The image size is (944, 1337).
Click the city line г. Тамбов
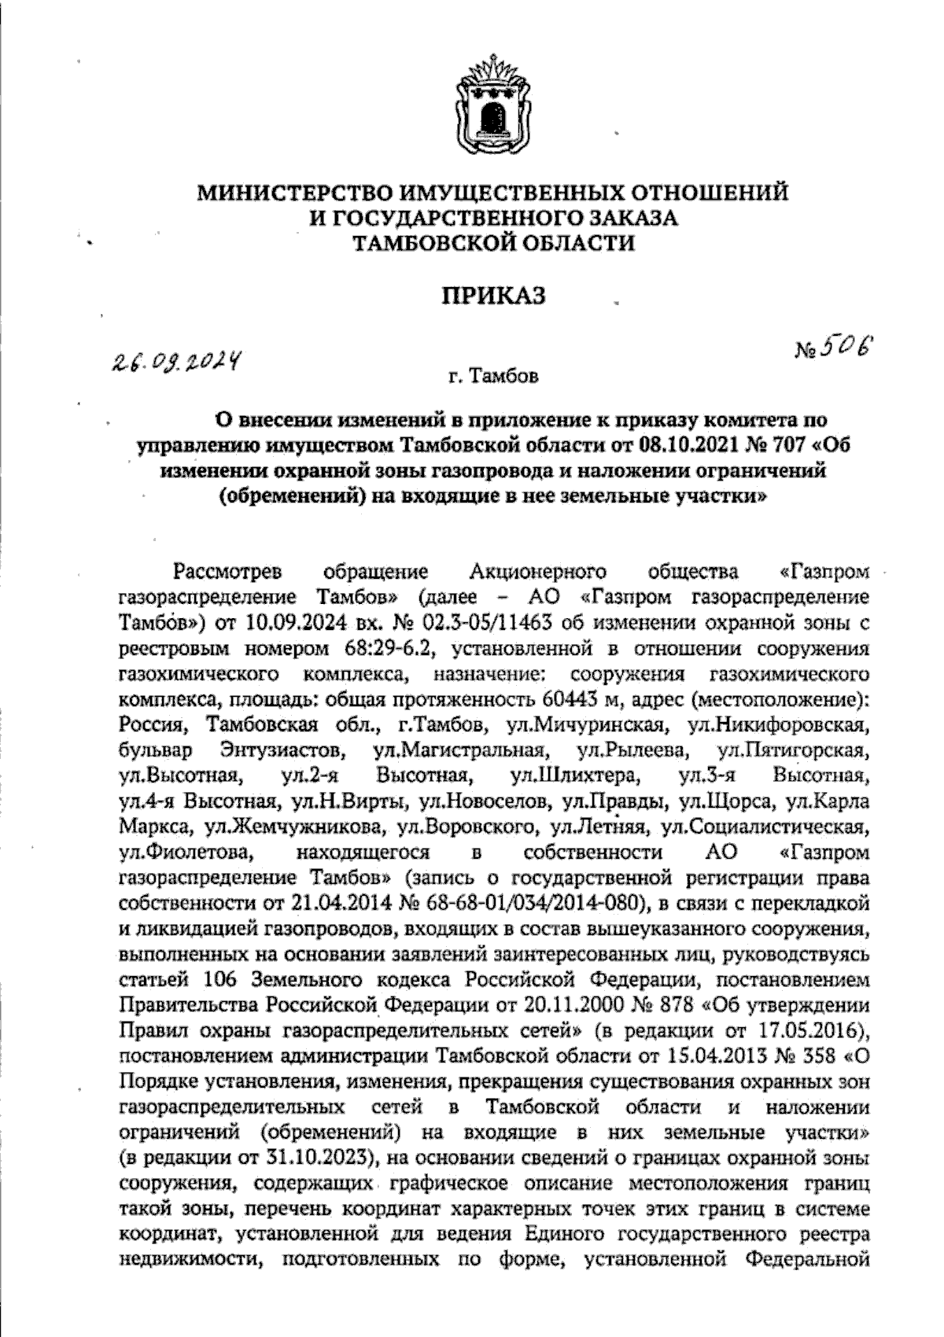coord(493,378)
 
